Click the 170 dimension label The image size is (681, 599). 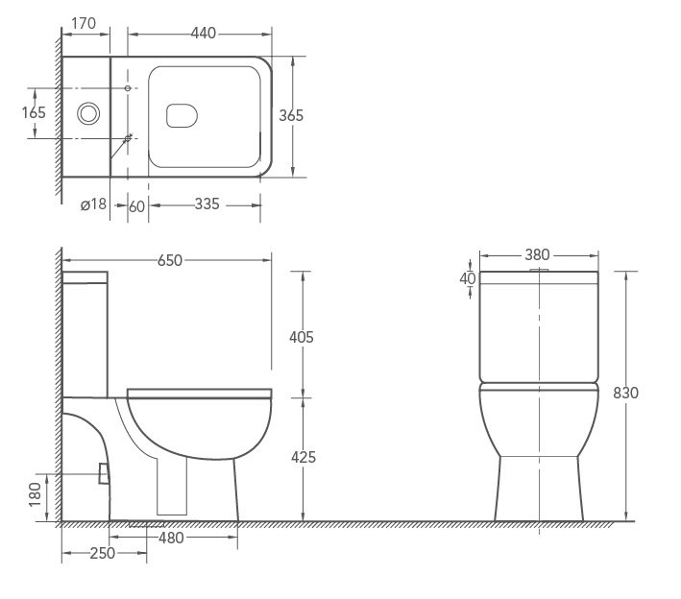(x=84, y=23)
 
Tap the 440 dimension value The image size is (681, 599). (x=204, y=33)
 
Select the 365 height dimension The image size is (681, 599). (x=291, y=115)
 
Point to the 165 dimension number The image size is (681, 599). (x=34, y=112)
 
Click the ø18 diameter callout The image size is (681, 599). (x=93, y=204)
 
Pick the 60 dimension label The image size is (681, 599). (x=136, y=206)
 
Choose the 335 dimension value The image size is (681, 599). (x=207, y=204)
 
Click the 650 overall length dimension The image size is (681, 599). (x=170, y=260)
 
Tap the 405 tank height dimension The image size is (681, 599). (x=302, y=337)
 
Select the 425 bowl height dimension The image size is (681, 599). (x=304, y=457)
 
